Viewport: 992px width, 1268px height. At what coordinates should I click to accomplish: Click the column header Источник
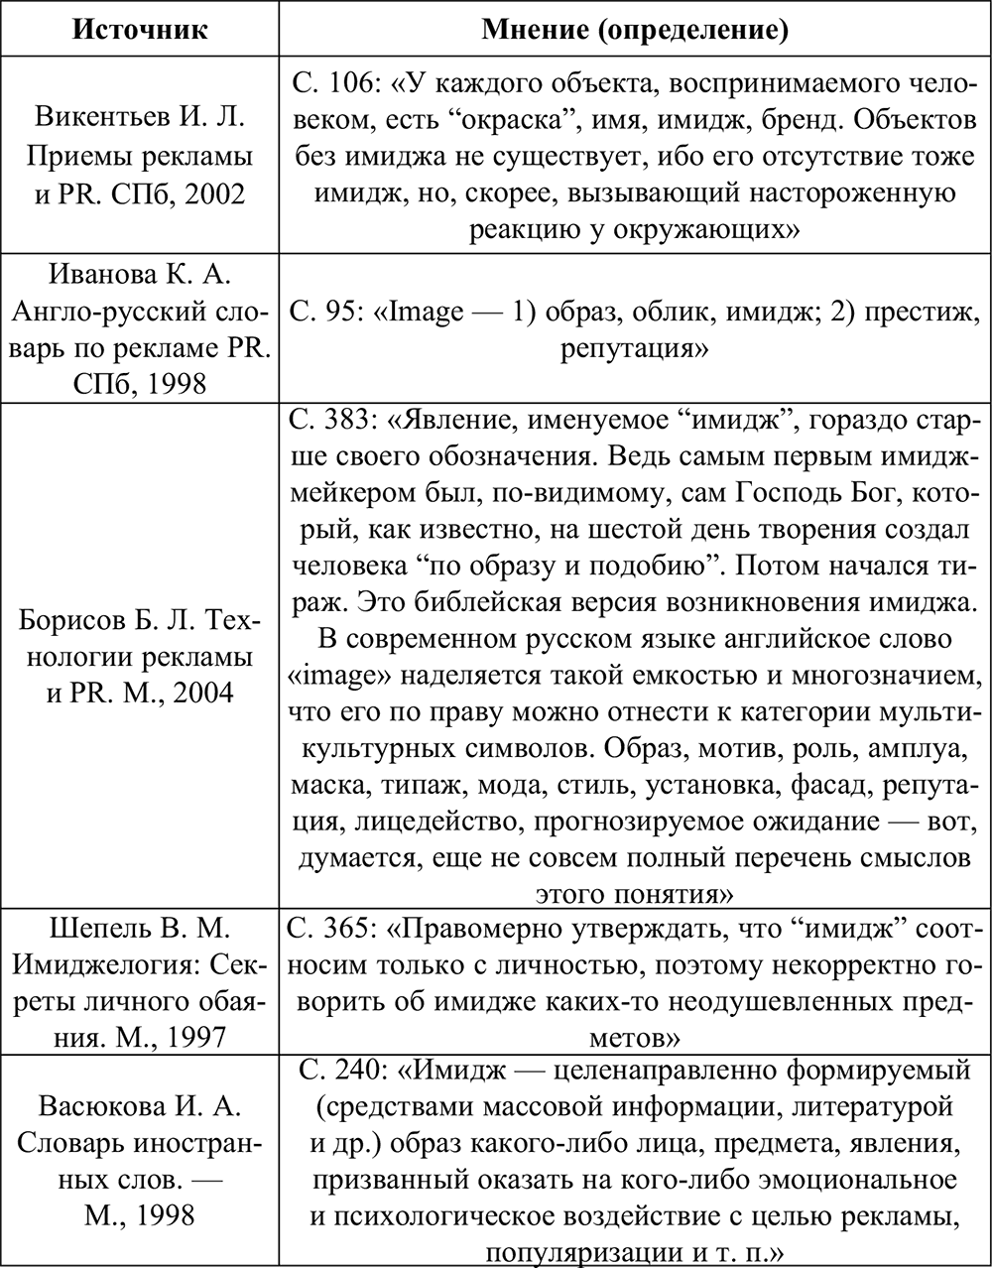point(140,29)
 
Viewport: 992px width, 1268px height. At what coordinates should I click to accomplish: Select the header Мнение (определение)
point(635,30)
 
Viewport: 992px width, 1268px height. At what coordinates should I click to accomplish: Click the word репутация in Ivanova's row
point(634,348)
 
